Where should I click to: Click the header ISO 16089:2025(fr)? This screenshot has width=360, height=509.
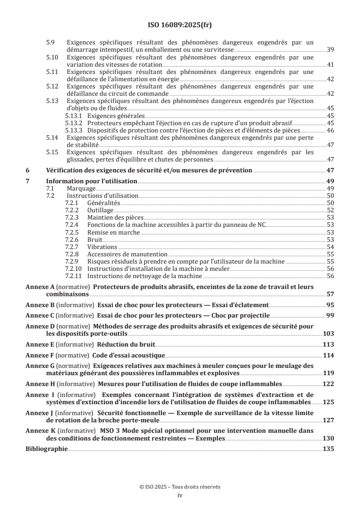(x=180, y=25)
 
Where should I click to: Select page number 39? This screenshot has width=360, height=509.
(x=330, y=49)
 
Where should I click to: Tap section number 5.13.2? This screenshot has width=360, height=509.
(x=73, y=123)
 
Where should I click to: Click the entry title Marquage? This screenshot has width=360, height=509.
(x=81, y=188)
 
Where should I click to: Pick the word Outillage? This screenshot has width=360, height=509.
(x=100, y=210)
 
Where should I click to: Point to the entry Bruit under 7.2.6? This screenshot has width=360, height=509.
(x=95, y=239)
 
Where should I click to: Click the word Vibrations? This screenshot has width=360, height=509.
(x=102, y=247)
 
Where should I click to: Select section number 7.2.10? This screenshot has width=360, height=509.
(x=74, y=269)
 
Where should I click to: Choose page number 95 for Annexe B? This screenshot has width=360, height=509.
(x=330, y=305)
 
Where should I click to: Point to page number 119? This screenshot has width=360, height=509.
(x=328, y=373)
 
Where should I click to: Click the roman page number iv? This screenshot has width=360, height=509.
(x=180, y=495)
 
